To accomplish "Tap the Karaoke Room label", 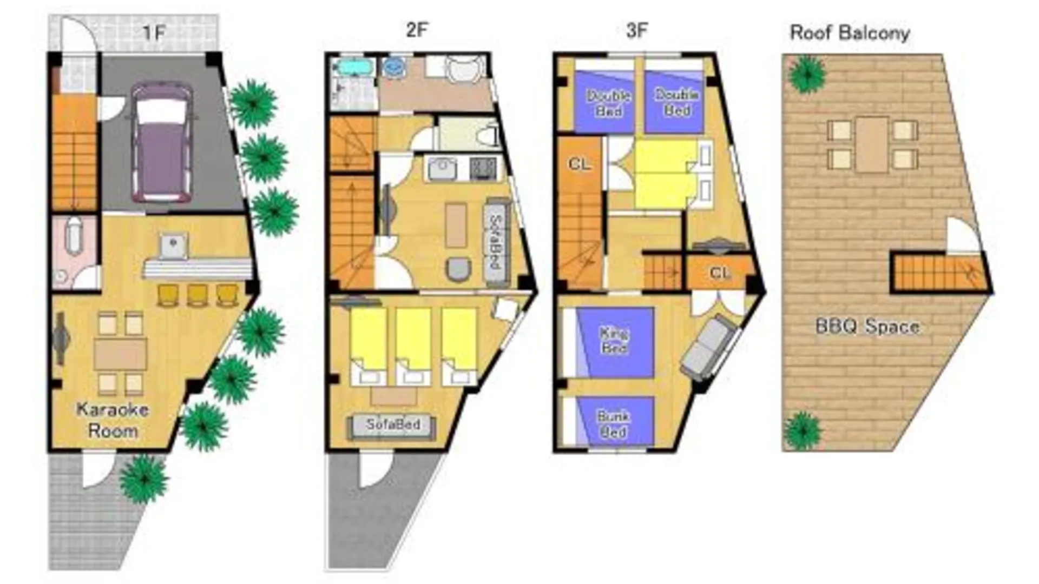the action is point(113,420).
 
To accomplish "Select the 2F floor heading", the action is point(417,30).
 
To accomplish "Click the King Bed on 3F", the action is point(615,342).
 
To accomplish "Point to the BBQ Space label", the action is point(867,327).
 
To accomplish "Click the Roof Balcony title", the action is point(850,33).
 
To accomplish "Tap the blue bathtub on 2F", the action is point(353,68).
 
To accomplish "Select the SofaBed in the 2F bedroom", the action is point(392,426).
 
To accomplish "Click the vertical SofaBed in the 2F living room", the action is point(496,243).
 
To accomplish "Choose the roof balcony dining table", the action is point(872,144).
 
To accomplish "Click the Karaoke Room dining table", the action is point(120,354).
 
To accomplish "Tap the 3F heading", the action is point(636,30).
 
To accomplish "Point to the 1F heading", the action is point(154,33).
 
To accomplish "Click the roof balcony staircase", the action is point(940,273).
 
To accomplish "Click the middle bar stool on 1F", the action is point(197,295).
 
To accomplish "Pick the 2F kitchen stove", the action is point(483,168).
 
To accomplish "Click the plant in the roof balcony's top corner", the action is point(807,74).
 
